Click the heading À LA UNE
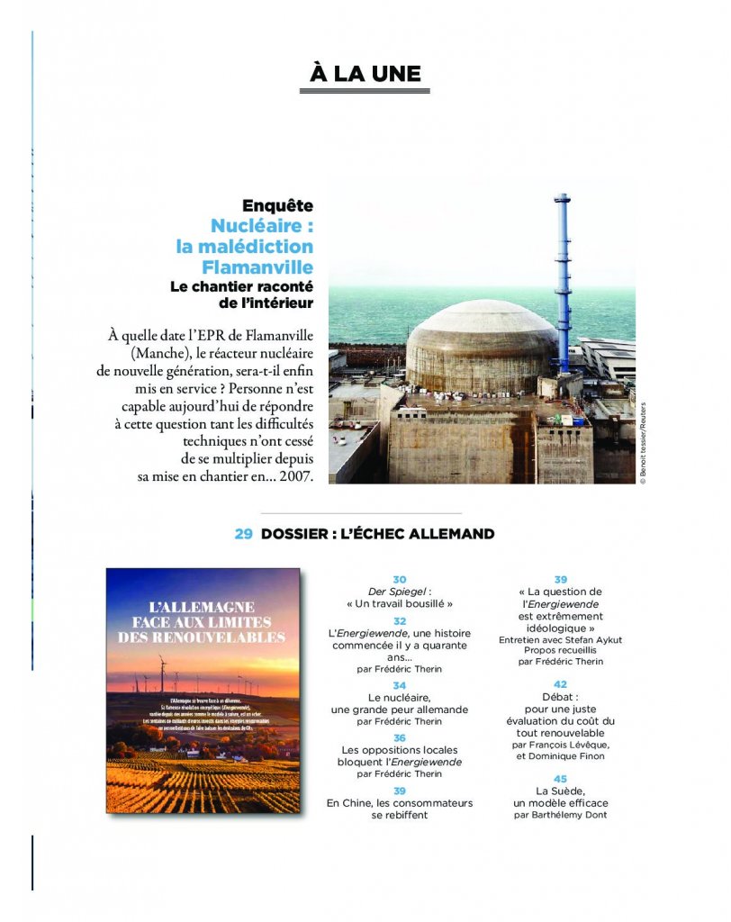[x=365, y=74]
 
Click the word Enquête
[x=277, y=206]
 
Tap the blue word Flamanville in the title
[x=257, y=267]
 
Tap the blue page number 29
[x=243, y=534]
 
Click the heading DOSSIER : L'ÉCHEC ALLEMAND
[x=377, y=534]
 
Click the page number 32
[x=400, y=621]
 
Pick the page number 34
[x=400, y=685]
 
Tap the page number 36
[x=400, y=737]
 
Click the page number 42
[x=560, y=684]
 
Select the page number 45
[x=560, y=778]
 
